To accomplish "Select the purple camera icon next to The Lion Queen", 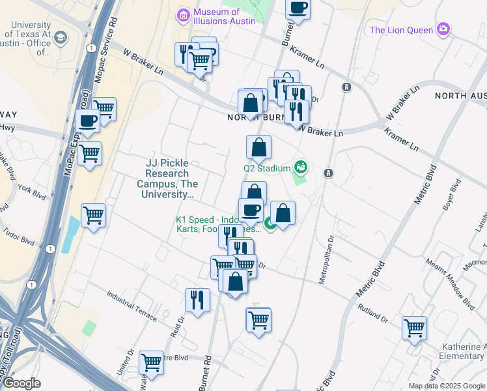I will click(x=444, y=29).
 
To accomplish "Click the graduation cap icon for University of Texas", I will click(x=61, y=38).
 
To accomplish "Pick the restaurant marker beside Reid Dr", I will click(x=197, y=300).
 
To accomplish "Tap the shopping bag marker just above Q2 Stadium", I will click(x=258, y=147).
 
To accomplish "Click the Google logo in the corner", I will click(x=21, y=384).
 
